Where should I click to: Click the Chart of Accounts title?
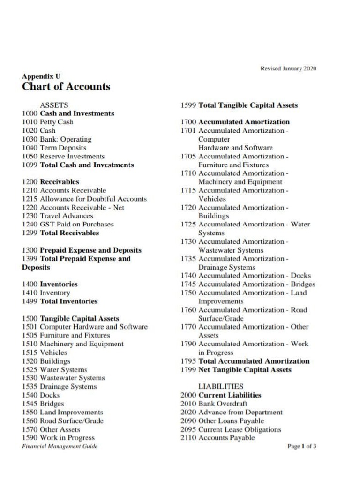coord(66,87)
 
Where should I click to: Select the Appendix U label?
coord(41,76)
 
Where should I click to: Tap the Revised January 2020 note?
coord(288,69)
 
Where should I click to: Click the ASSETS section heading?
coord(54,105)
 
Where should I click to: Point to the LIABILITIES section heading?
coord(221,387)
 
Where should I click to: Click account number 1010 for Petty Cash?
coord(30,122)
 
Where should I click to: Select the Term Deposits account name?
coord(63,148)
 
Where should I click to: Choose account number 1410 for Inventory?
coord(30,293)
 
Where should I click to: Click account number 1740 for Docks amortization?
coord(189,276)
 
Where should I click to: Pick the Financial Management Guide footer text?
coord(60,447)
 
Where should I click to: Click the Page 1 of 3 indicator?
coord(301,447)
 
